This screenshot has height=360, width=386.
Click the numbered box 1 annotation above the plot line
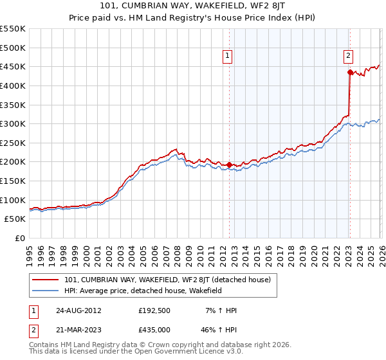point(228,57)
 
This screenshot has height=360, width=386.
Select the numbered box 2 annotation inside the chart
point(348,57)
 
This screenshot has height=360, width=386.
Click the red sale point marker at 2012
point(230,165)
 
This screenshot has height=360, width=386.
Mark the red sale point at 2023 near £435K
point(349,73)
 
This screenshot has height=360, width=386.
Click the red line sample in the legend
point(46,280)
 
